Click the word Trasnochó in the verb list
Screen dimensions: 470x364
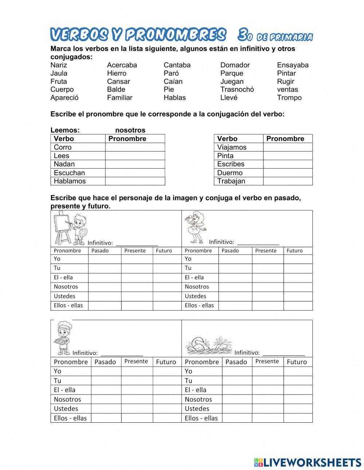pyautogui.click(x=237, y=90)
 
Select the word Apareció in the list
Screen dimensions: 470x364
pyautogui.click(x=64, y=98)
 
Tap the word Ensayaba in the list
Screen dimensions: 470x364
pyautogui.click(x=292, y=65)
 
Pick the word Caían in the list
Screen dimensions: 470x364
pyautogui.click(x=173, y=82)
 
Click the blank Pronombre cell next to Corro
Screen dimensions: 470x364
pyautogui.click(x=135, y=147)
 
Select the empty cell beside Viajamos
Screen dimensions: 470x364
pyautogui.click(x=288, y=147)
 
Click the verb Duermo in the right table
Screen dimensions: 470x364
pyautogui.click(x=230, y=173)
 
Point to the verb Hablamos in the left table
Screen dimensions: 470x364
pyautogui.click(x=70, y=181)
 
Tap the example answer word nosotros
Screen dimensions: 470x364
pyautogui.click(x=130, y=130)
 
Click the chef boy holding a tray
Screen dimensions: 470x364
pyautogui.click(x=62, y=338)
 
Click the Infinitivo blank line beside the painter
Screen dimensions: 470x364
pyautogui.click(x=136, y=243)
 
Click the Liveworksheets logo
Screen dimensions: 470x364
pyautogui.click(x=307, y=462)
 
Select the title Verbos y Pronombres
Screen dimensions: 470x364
pyautogui.click(x=138, y=35)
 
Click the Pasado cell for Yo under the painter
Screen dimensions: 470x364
pyautogui.click(x=104, y=259)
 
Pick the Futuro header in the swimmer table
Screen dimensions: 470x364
pyautogui.click(x=297, y=362)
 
